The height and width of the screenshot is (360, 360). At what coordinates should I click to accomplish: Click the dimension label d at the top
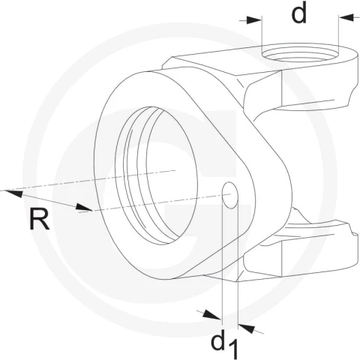pyautogui.click(x=299, y=13)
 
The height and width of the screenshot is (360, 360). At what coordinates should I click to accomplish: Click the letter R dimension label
pyautogui.click(x=40, y=220)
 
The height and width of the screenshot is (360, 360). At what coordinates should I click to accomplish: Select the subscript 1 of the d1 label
pyautogui.click(x=233, y=349)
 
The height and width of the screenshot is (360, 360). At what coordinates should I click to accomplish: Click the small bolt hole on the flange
pyautogui.click(x=230, y=195)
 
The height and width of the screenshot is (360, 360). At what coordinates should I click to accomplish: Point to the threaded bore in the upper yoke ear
pyautogui.click(x=300, y=54)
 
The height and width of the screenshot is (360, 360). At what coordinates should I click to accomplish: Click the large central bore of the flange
pyautogui.click(x=156, y=175)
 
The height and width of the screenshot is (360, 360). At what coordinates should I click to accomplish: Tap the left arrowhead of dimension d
pyautogui.click(x=253, y=20)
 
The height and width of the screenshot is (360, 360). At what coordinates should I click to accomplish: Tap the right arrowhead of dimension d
pyautogui.click(x=346, y=17)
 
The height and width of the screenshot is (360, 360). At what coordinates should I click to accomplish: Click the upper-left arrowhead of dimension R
pyautogui.click(x=13, y=193)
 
